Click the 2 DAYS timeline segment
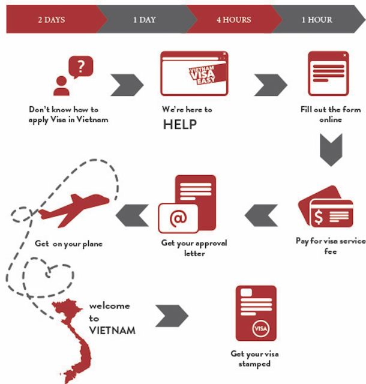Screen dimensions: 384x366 coord(51,20)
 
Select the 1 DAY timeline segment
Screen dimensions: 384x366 coord(144,20)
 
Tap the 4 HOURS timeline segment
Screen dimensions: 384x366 coord(233,20)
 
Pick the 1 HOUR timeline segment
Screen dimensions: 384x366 coord(316,20)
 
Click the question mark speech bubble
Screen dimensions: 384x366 coord(81,65)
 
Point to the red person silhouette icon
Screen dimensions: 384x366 coord(62,86)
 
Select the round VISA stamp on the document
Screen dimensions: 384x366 coord(260,329)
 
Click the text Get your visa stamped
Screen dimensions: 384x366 coord(254,358)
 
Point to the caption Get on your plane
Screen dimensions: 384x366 coord(68,244)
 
